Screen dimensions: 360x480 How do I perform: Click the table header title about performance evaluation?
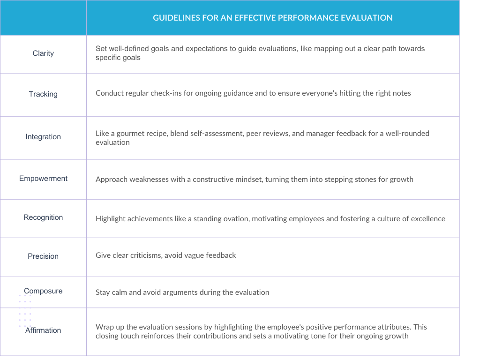point(272,18)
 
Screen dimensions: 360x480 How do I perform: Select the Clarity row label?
point(43,53)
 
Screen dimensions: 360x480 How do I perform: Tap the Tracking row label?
point(43,94)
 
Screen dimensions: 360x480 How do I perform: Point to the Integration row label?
point(43,137)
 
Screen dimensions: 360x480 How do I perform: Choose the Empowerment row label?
point(43,179)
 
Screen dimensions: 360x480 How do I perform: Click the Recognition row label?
point(43,217)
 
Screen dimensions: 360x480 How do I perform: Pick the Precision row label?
point(43,256)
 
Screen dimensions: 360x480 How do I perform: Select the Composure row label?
point(43,291)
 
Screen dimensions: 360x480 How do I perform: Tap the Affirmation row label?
point(43,330)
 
